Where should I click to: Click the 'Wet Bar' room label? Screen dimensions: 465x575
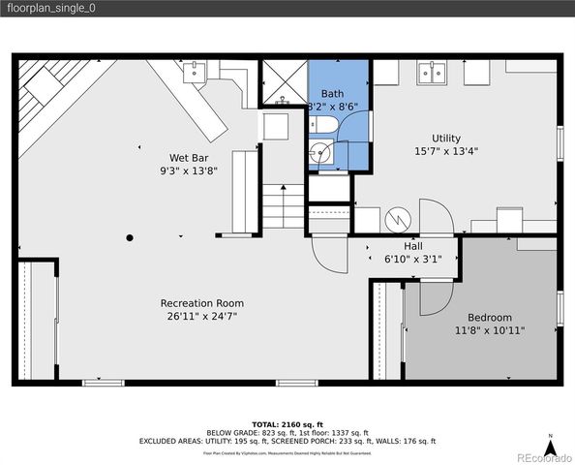pos(187,157)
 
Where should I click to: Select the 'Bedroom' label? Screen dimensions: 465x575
pos(490,318)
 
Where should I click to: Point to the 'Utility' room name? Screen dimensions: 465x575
pos(446,138)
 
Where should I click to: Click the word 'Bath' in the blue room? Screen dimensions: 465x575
pos(332,94)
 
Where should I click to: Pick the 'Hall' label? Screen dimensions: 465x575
pos(412,246)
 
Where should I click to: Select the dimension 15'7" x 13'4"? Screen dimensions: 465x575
pos(446,151)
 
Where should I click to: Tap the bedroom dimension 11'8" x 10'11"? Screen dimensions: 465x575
pos(490,330)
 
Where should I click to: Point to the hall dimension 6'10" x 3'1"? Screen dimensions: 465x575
pos(412,259)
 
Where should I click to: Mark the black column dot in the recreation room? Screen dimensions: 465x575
pos(129,237)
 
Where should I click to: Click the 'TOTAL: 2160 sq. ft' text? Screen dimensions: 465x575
pos(287,424)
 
